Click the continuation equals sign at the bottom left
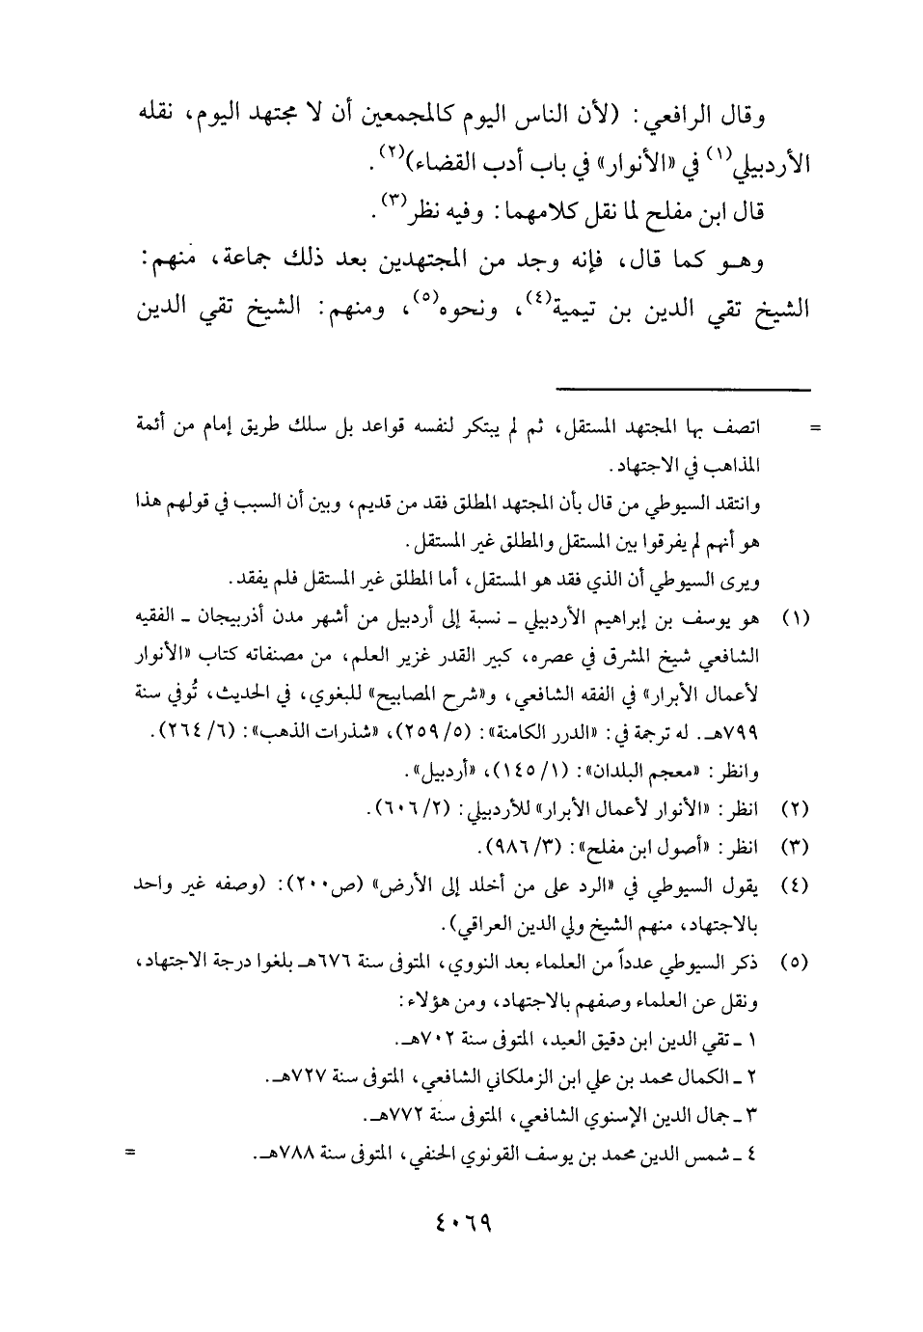coord(129,1149)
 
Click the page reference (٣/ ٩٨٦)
coord(516,849)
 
